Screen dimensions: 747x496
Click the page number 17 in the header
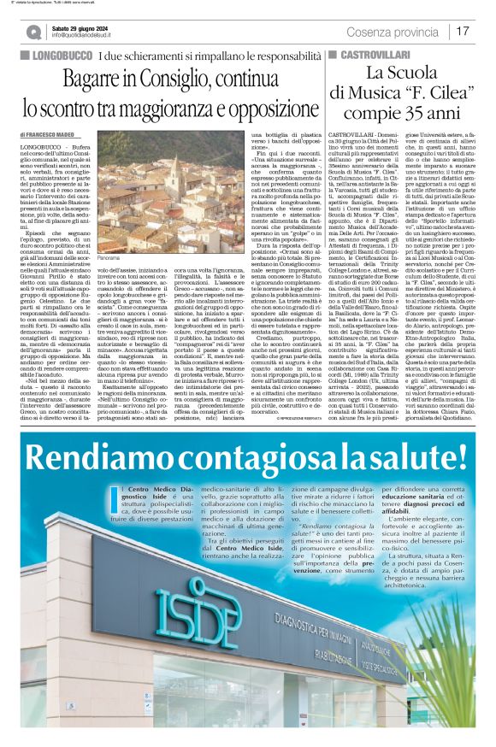(463, 31)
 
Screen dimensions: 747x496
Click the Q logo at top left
(33, 32)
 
